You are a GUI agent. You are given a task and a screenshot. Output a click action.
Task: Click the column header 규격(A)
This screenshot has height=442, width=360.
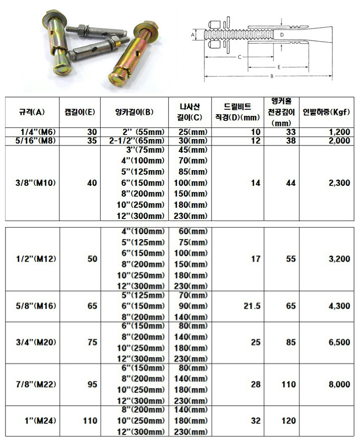(32, 112)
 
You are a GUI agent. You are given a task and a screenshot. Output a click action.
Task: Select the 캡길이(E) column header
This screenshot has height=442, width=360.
(80, 112)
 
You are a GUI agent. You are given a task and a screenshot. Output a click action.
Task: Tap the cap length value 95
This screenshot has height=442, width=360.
(92, 384)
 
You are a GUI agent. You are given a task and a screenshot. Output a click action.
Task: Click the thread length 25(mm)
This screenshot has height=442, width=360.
(190, 132)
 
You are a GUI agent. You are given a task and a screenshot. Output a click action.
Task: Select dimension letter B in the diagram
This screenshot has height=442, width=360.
(271, 76)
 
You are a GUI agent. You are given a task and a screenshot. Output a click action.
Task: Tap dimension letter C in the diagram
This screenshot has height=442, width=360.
(239, 57)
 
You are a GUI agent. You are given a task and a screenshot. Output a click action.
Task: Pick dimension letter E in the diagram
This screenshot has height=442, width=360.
(278, 66)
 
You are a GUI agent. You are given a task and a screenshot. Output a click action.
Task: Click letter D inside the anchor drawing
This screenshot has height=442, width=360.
(282, 34)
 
